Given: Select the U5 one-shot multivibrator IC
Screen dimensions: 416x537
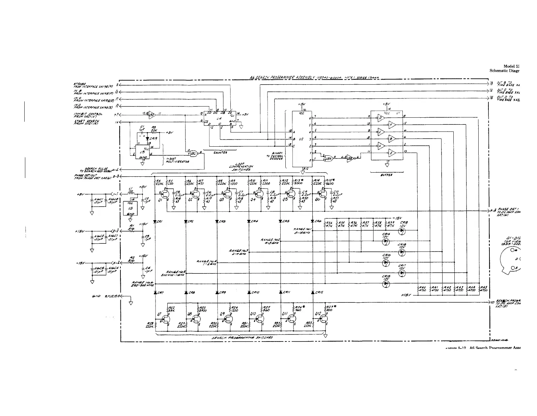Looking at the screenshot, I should (x=143, y=151).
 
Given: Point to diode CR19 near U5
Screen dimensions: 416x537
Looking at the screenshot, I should (x=147, y=138).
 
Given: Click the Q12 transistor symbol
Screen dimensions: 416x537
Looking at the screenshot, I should (x=323, y=318).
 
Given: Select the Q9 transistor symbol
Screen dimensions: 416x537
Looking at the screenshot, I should (x=229, y=318).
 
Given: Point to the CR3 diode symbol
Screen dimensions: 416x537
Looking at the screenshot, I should (x=217, y=221).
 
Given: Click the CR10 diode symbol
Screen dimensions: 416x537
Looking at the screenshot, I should (x=249, y=292).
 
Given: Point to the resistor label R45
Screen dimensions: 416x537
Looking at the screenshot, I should (x=483, y=287).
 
